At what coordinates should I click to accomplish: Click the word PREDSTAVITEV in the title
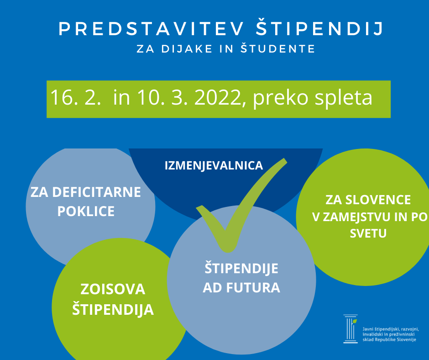click(152, 29)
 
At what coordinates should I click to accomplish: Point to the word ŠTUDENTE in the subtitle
click(278, 48)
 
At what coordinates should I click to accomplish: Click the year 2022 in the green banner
click(218, 97)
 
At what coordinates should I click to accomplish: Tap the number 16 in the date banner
click(62, 97)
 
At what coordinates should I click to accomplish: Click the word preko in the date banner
click(281, 99)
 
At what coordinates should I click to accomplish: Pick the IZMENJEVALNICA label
click(214, 166)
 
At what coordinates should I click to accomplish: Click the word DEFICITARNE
click(96, 192)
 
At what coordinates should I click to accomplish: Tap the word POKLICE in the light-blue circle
click(86, 211)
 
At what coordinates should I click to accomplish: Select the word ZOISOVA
click(113, 289)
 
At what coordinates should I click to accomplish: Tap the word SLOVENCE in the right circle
click(378, 200)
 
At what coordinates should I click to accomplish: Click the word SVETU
click(368, 233)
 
